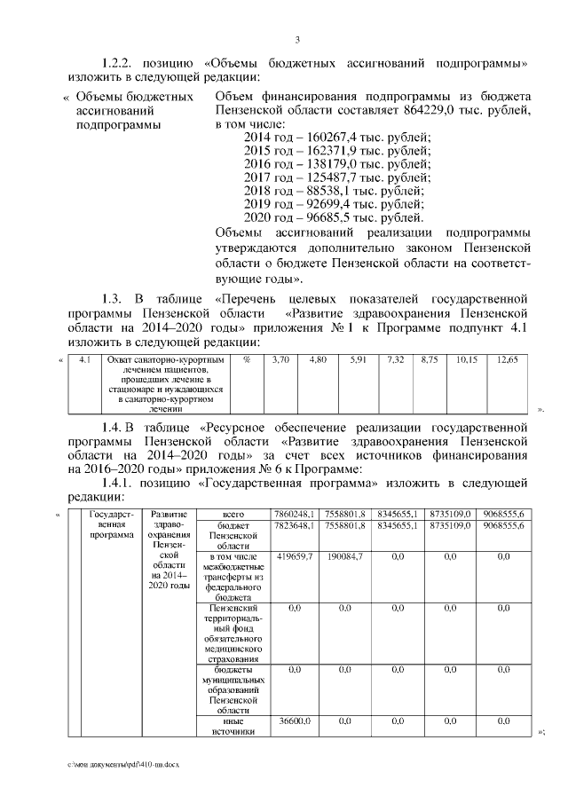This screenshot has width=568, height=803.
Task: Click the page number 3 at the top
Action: [x=297, y=39]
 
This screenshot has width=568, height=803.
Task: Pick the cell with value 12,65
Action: [x=508, y=359]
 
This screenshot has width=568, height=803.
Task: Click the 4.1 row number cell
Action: [x=85, y=359]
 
